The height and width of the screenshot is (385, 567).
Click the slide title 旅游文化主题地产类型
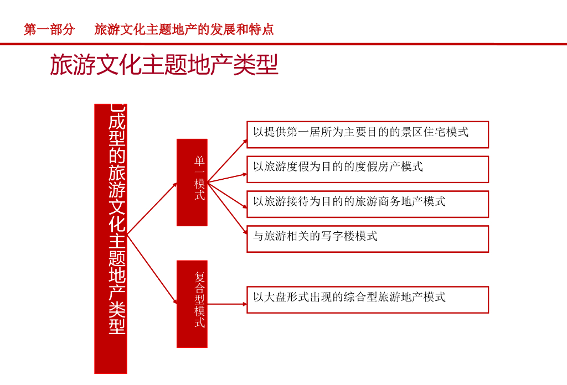pos(164,65)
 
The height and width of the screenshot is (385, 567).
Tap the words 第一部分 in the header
pos(49,29)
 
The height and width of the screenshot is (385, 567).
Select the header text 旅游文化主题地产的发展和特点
pos(184,29)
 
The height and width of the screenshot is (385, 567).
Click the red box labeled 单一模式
pos(192,183)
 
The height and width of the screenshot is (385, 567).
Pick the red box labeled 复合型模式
pos(192,304)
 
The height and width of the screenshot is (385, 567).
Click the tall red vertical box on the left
pos(111,238)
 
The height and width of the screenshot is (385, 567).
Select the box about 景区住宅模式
pos(367,134)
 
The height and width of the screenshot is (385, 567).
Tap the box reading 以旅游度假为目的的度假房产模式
pos(367,169)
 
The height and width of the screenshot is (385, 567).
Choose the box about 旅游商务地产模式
pos(367,204)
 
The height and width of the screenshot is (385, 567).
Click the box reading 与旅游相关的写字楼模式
pos(367,239)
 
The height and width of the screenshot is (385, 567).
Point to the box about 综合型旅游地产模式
pos(367,300)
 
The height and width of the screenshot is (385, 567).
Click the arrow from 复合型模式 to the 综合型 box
pos(227,304)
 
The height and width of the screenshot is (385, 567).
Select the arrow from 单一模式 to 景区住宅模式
pos(228,161)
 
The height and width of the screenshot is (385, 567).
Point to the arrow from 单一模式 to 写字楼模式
pos(228,208)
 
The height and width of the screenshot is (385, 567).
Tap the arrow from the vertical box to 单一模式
pos(152,209)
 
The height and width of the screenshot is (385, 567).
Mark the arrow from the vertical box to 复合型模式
pos(152,269)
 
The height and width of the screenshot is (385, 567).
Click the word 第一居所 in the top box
pos(299,132)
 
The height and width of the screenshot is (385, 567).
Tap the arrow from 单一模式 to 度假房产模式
pos(228,178)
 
